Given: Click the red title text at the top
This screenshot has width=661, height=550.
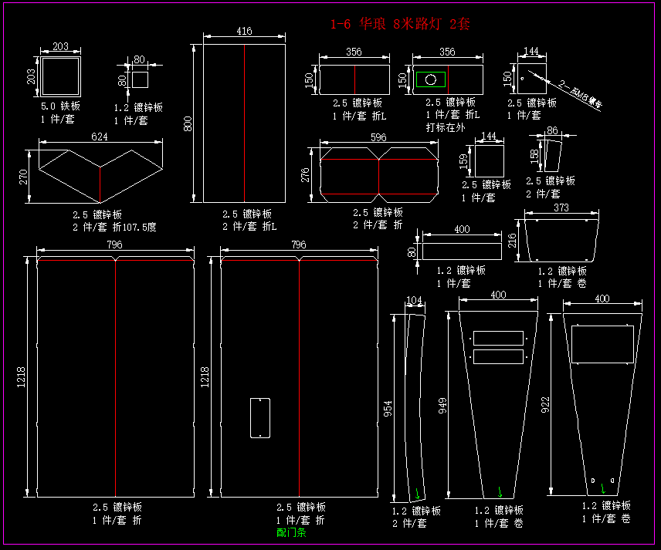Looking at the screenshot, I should point(399,24).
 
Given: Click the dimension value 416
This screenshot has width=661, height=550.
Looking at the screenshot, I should point(244,32).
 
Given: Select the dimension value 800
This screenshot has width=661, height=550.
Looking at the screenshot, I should point(187,123).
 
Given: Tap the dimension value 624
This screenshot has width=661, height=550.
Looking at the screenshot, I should point(100,137).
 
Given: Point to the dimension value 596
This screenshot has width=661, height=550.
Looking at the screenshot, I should point(378,137).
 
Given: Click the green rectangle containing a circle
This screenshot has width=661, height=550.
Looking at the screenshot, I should point(431,79).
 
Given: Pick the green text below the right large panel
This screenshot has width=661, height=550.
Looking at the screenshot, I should point(291,532).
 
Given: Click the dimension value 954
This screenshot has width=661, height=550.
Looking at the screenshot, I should point(388,409).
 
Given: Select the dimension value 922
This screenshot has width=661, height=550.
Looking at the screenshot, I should point(546,406).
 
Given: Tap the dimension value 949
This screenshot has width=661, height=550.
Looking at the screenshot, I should point(443,406).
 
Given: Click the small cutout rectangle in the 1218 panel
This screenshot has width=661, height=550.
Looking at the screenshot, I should point(260,418).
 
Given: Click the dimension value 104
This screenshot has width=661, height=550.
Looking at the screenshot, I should point(414,299).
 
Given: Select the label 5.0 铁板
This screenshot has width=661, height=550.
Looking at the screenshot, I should point(60,106).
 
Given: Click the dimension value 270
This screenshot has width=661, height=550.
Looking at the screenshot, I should point(23,177).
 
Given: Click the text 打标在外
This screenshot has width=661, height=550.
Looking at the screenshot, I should point(446,127).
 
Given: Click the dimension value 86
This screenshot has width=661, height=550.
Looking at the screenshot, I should point(552,131).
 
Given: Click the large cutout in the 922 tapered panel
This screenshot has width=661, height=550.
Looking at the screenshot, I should point(602,342).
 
